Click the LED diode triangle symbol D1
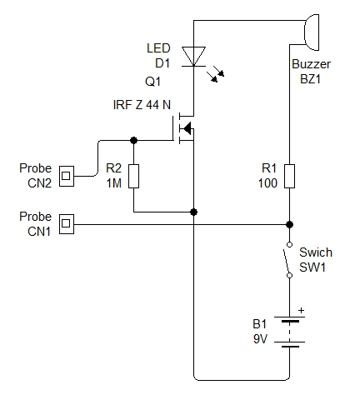click(x=193, y=57)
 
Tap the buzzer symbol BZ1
click(x=312, y=32)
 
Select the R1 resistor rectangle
click(x=289, y=176)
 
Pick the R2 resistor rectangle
click(x=133, y=176)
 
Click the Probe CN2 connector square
click(x=67, y=176)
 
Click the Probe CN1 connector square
click(x=67, y=224)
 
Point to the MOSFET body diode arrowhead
click(x=187, y=128)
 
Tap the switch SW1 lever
click(x=287, y=262)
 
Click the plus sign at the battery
click(x=301, y=310)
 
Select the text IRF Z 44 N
click(x=142, y=105)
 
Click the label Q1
click(x=152, y=82)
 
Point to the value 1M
click(x=114, y=183)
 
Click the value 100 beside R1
click(x=267, y=183)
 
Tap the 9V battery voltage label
click(x=260, y=339)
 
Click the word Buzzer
click(x=311, y=64)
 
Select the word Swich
click(x=316, y=252)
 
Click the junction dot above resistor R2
click(x=134, y=140)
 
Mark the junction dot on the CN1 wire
click(x=289, y=224)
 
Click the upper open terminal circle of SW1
click(x=289, y=244)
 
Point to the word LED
click(x=158, y=48)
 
